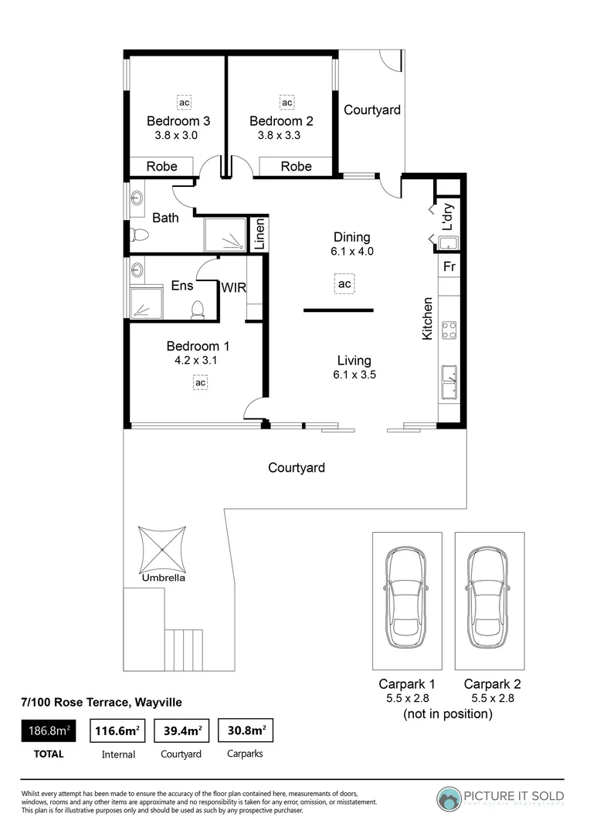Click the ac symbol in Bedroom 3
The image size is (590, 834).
[x=184, y=102]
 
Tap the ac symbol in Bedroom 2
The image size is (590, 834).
[x=287, y=102]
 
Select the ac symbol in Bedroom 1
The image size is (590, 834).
[x=199, y=382]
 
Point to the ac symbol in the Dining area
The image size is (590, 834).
[x=344, y=284]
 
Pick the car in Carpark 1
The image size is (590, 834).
[x=407, y=598]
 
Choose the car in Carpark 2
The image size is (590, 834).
[x=489, y=598]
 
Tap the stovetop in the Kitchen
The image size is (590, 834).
[x=449, y=331]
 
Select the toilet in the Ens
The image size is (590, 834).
[x=197, y=310]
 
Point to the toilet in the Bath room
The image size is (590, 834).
[x=140, y=234]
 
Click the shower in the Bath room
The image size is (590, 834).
[x=225, y=236]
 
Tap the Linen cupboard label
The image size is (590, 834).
[x=260, y=235]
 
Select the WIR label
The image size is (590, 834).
[x=233, y=288]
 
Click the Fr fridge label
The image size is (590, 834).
[x=449, y=267]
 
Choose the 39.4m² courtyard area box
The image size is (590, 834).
[x=183, y=730]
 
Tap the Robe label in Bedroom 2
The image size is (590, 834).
[x=296, y=166]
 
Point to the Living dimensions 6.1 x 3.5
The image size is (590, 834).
[x=354, y=376]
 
